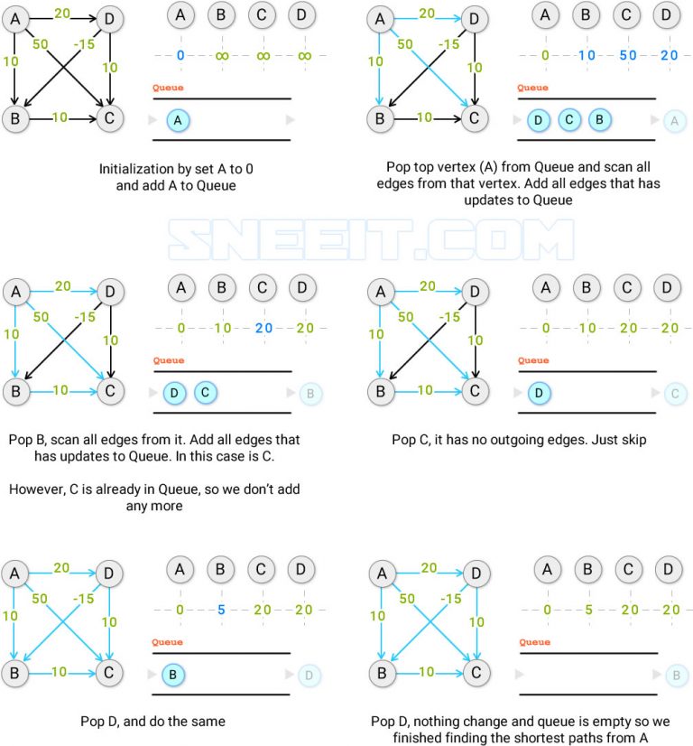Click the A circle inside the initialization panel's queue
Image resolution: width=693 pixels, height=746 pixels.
pos(180,119)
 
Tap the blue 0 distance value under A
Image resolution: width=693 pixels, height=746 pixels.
pos(180,56)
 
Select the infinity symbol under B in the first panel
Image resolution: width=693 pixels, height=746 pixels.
pos(221,56)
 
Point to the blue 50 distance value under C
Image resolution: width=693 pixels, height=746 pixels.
pos(628,56)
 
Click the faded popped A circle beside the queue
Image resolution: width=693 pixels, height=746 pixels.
pos(673,120)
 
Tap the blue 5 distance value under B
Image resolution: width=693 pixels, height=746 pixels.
pos(221,610)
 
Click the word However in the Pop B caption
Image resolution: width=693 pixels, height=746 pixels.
pos(36,489)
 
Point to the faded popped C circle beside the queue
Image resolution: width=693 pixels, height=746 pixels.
pos(673,393)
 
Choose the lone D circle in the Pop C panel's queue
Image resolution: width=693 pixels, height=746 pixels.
pos(539,393)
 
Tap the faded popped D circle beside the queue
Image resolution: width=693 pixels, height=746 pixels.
pos(309,675)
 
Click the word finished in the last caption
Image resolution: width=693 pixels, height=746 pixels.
pos(419,738)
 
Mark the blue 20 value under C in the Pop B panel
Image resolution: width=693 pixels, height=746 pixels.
pos(263,328)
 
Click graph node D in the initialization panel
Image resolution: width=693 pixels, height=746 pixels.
pos(110,18)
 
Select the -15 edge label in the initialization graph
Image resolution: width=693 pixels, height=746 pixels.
pos(84,43)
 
